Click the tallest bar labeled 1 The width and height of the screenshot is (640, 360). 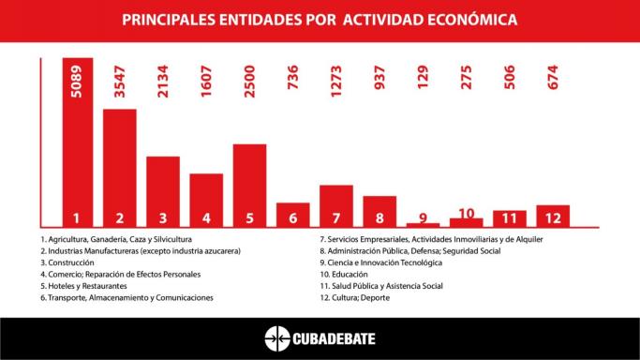77,141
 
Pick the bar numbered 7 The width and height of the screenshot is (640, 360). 335,205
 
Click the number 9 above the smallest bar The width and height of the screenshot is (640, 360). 423,217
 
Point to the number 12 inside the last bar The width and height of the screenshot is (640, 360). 553,217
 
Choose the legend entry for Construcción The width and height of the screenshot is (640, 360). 67,262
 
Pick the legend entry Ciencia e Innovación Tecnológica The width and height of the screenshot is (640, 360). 380,262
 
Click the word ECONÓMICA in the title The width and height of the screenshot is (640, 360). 472,19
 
